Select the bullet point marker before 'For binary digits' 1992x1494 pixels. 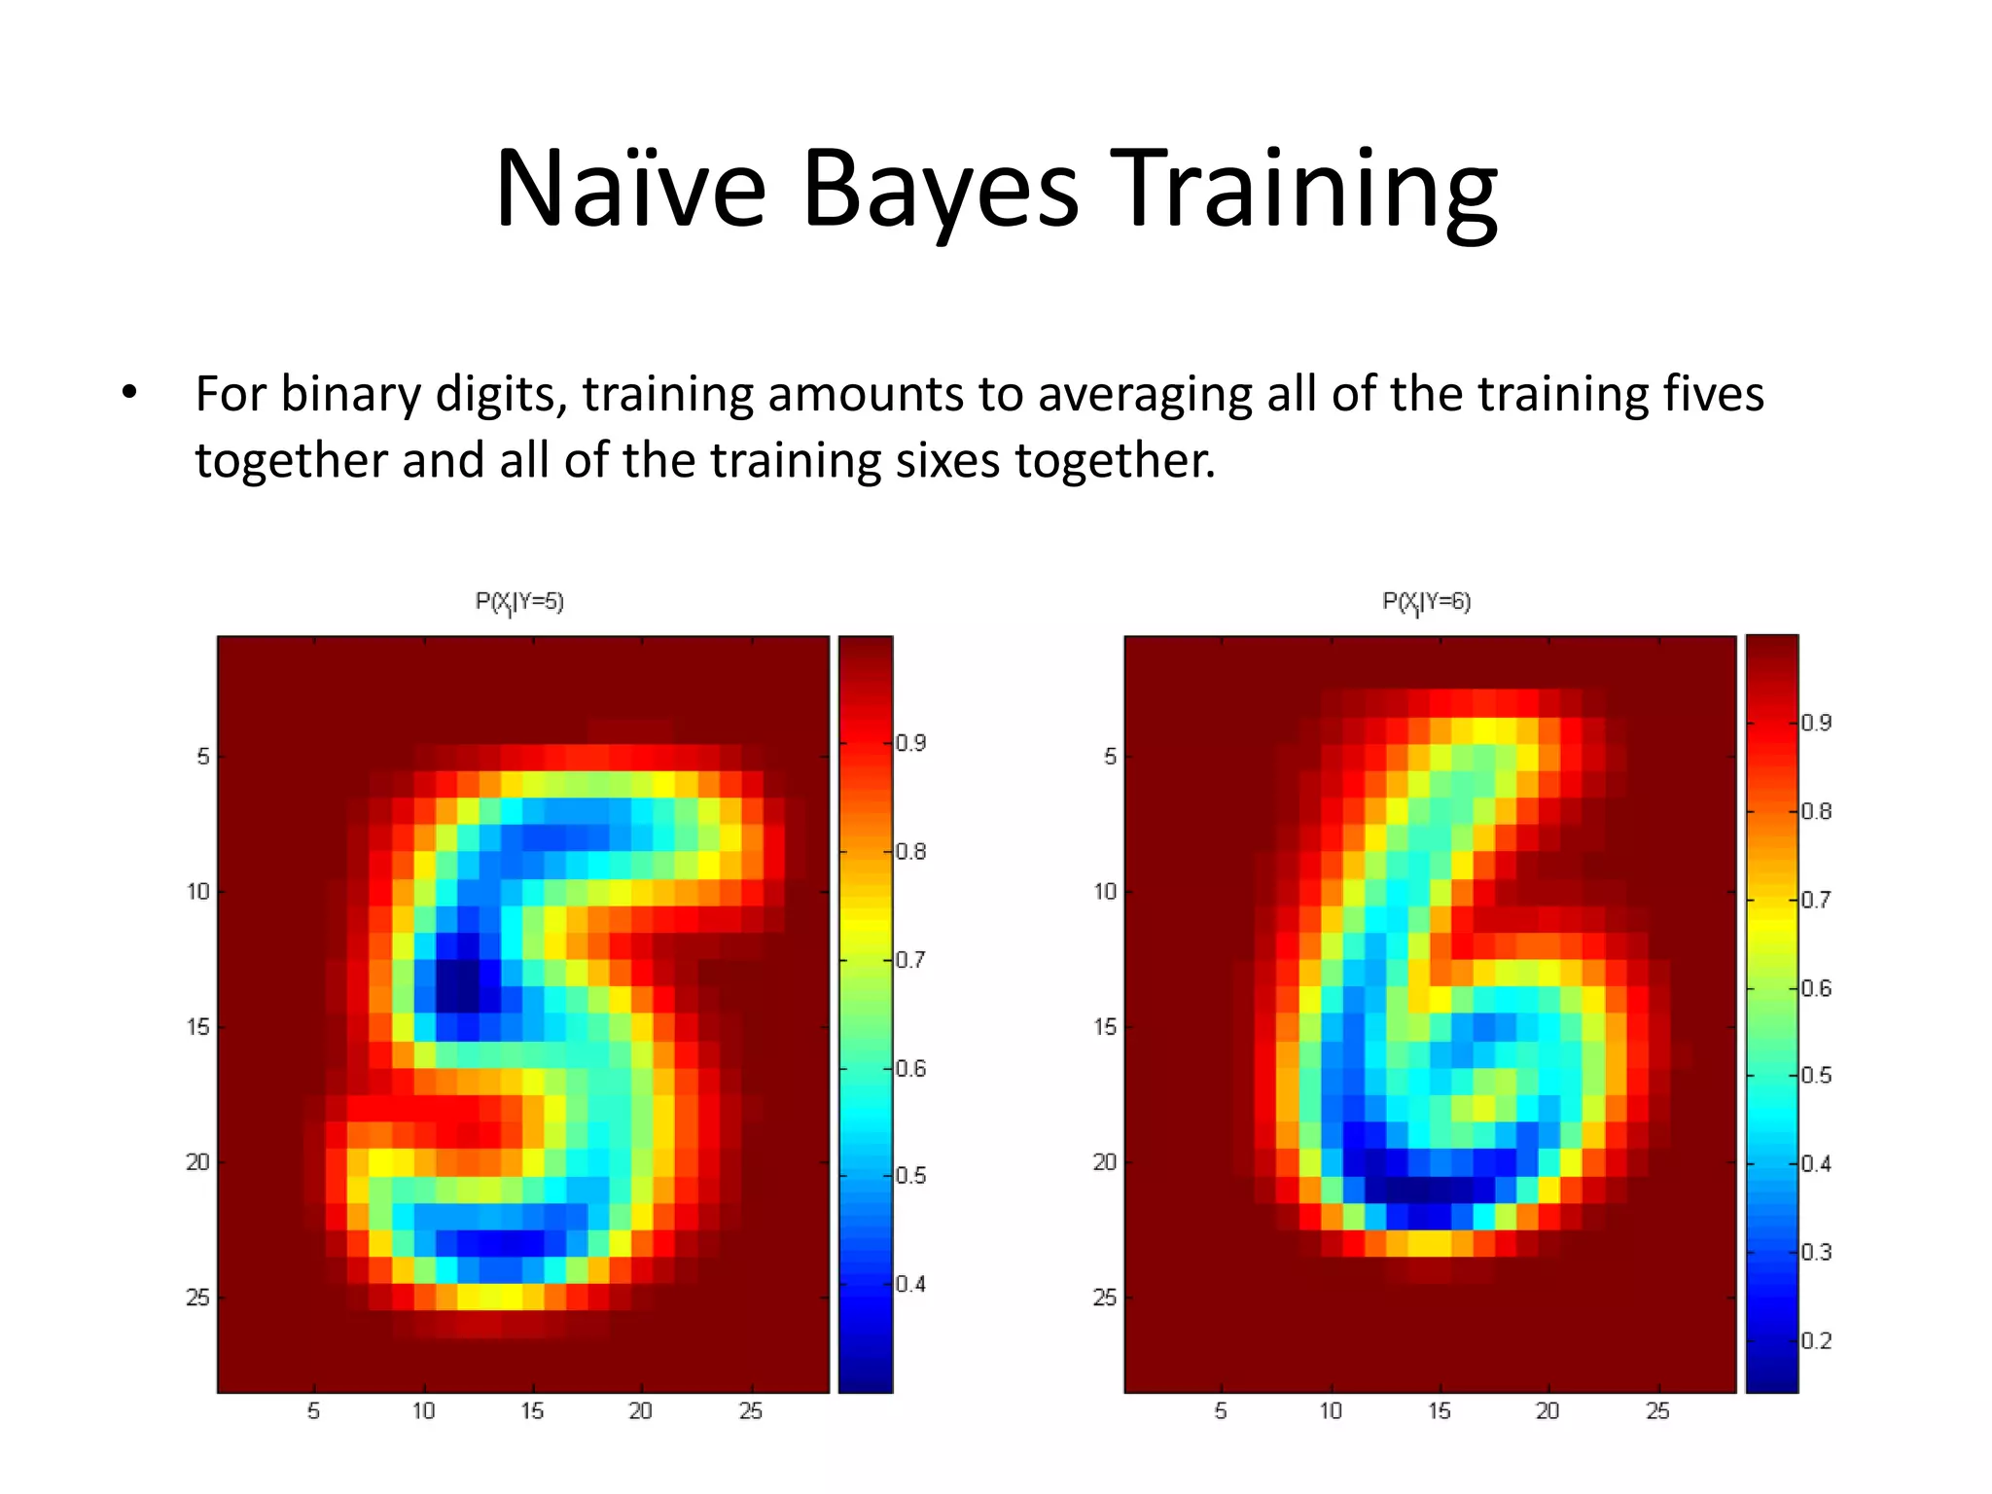pyautogui.click(x=129, y=395)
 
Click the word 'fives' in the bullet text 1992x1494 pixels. pyautogui.click(x=1714, y=395)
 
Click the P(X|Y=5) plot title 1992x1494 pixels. pyautogui.click(x=519, y=602)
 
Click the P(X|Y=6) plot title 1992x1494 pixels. pyautogui.click(x=1427, y=602)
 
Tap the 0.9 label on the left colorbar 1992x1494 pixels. pyautogui.click(x=911, y=744)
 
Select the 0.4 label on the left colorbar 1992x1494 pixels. pyautogui.click(x=911, y=1284)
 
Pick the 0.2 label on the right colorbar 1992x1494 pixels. pyautogui.click(x=1816, y=1341)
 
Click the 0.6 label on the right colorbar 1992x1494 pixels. pyautogui.click(x=1816, y=988)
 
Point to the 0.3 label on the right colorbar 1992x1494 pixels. pyautogui.click(x=1816, y=1252)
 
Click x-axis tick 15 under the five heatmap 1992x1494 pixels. pyautogui.click(x=531, y=1411)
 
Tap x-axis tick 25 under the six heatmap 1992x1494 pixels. pyautogui.click(x=1657, y=1411)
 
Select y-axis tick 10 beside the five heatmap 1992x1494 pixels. pyautogui.click(x=197, y=892)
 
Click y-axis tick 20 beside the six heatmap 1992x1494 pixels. pyautogui.click(x=1105, y=1162)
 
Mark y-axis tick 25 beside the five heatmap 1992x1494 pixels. pyautogui.click(x=197, y=1298)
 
